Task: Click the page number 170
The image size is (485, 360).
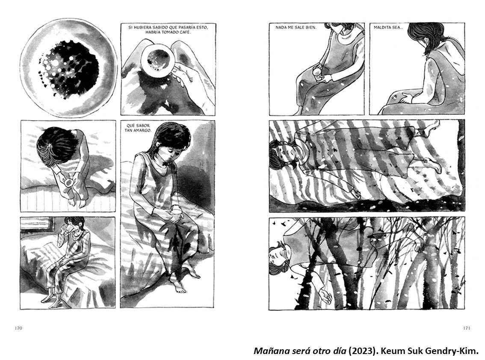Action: [x=18, y=328]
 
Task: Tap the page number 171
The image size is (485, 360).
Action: [x=467, y=328]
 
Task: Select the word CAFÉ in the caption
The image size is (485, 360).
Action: [x=182, y=32]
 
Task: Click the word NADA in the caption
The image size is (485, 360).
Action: [x=281, y=27]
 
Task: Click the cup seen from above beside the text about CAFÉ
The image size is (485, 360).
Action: [x=158, y=59]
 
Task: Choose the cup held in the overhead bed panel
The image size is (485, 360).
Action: [x=68, y=183]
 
